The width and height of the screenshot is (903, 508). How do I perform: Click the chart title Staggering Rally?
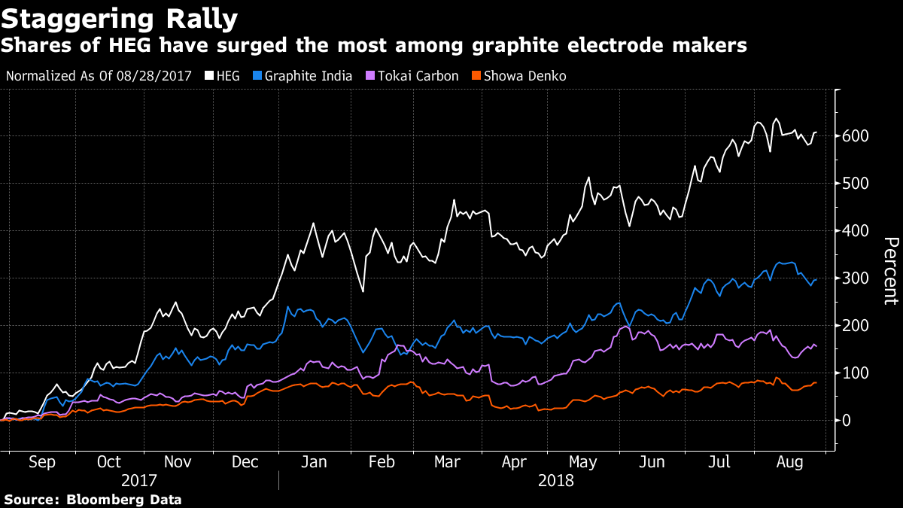[120, 17]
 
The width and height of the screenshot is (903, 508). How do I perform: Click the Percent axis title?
[890, 271]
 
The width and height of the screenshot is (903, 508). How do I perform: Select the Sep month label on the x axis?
[42, 462]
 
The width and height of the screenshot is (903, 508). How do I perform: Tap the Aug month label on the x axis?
[791, 462]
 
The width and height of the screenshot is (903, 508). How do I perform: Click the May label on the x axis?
[584, 462]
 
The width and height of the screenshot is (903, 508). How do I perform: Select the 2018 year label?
[557, 480]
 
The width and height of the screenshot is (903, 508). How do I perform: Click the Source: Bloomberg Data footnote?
[93, 499]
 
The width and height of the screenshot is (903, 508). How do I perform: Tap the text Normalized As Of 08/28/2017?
[103, 76]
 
